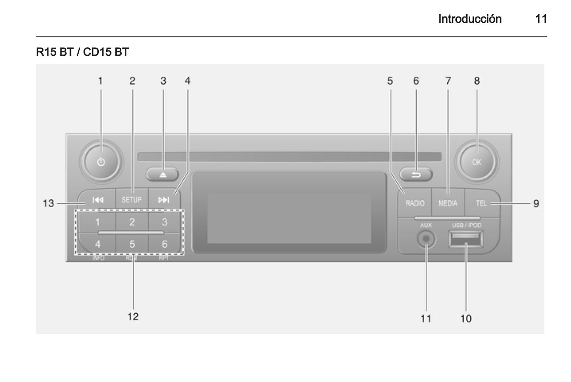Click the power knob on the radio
click(x=101, y=162)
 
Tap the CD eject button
click(x=162, y=174)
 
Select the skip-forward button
click(x=164, y=200)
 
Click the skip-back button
click(x=98, y=200)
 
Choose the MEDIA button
click(x=448, y=203)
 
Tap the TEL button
click(x=482, y=203)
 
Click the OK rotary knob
click(x=477, y=162)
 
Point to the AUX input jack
click(x=426, y=239)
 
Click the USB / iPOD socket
click(x=466, y=240)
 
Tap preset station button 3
click(x=165, y=222)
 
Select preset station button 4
click(x=98, y=244)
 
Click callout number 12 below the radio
click(x=133, y=316)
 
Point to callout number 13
click(x=48, y=203)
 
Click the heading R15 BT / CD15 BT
click(x=82, y=52)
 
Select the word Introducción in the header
click(x=469, y=19)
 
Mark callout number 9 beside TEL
click(x=536, y=204)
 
